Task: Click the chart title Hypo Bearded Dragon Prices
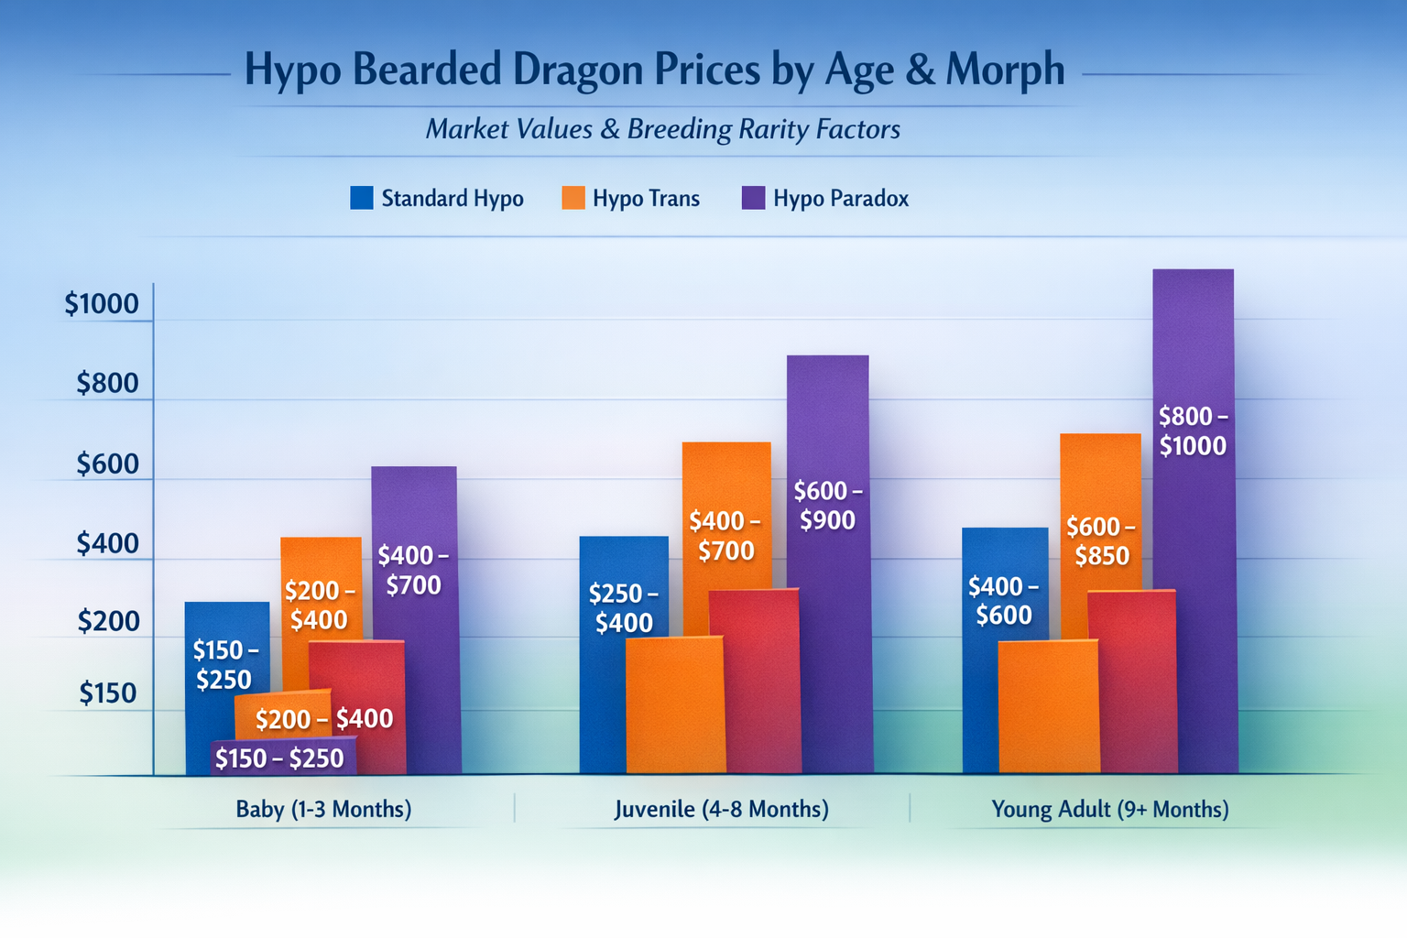(x=654, y=71)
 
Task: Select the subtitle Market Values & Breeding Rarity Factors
(x=662, y=129)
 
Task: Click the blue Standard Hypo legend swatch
(x=362, y=198)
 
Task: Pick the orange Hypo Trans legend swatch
(x=573, y=198)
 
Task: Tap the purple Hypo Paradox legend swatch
(x=753, y=198)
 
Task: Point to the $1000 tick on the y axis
(x=102, y=304)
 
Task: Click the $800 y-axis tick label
(x=107, y=383)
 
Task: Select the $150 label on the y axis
(x=107, y=693)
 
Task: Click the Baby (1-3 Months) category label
(x=323, y=809)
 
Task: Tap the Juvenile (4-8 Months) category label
(x=721, y=809)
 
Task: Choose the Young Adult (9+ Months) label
(x=1109, y=809)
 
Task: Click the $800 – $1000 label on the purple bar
(x=1193, y=431)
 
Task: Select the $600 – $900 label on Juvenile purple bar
(x=828, y=506)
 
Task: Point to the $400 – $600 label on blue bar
(x=1004, y=600)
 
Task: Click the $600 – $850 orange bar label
(x=1101, y=541)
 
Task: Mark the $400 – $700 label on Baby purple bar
(x=413, y=570)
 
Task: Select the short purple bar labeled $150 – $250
(x=280, y=758)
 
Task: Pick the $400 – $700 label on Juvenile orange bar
(x=725, y=536)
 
